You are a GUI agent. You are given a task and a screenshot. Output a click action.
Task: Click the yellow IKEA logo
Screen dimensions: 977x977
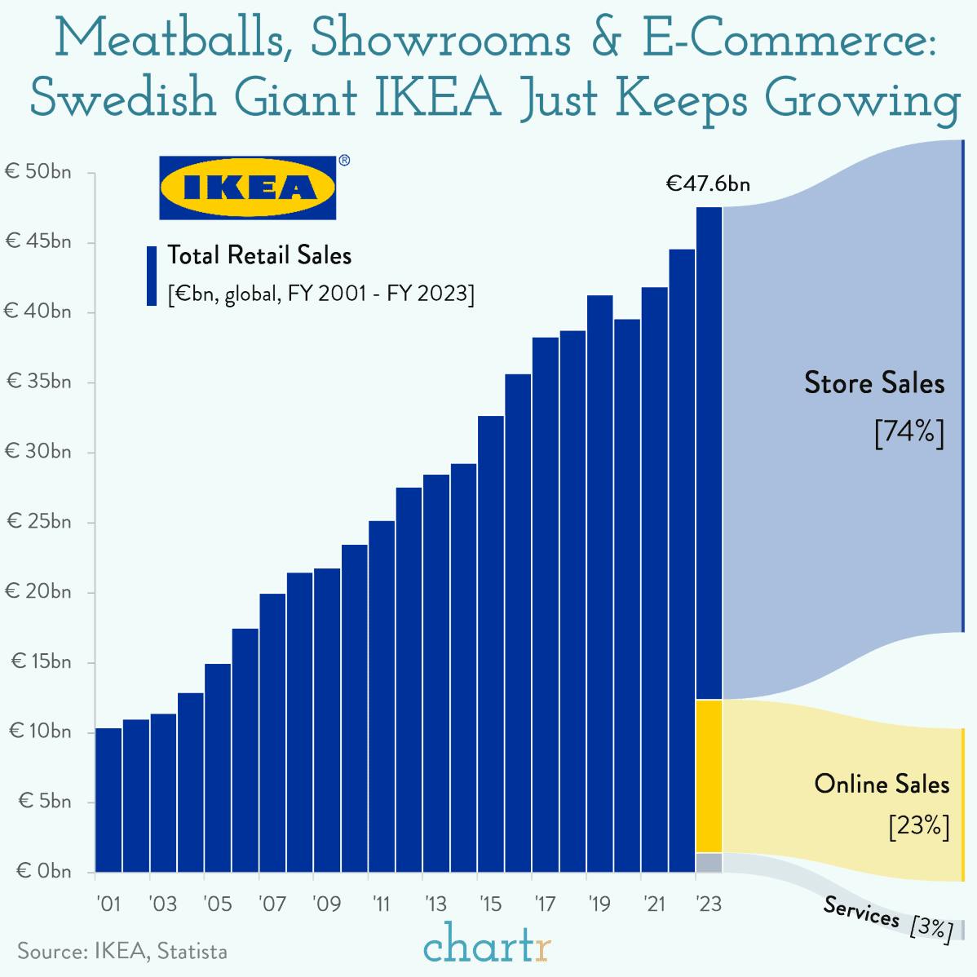(247, 188)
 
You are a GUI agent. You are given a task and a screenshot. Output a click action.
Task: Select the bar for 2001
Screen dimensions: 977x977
(108, 799)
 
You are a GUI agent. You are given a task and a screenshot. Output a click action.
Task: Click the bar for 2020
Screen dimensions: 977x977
(627, 595)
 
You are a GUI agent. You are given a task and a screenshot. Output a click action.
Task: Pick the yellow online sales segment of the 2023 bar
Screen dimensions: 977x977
(709, 776)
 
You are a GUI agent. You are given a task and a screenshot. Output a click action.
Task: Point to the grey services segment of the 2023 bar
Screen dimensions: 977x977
(709, 863)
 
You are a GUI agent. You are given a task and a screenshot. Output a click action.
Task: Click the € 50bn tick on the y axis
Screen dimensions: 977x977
(39, 172)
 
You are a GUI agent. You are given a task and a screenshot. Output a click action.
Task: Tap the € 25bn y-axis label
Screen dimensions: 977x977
(39, 522)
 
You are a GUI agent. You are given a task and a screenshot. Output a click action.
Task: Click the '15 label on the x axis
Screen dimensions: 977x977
(490, 904)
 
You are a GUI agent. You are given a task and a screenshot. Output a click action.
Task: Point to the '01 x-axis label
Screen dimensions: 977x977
(108, 904)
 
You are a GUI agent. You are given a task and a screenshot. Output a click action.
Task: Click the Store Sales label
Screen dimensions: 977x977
(874, 383)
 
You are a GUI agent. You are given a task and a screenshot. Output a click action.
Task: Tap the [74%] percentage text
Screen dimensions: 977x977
(908, 431)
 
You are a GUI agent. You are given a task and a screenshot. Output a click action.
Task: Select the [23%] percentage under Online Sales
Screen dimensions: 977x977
(918, 826)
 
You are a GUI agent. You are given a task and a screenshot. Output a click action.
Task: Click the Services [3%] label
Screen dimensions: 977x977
(887, 918)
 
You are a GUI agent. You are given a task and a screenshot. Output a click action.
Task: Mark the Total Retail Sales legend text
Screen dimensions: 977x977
(259, 256)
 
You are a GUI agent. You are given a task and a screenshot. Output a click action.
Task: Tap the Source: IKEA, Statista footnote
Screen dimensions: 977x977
(122, 952)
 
